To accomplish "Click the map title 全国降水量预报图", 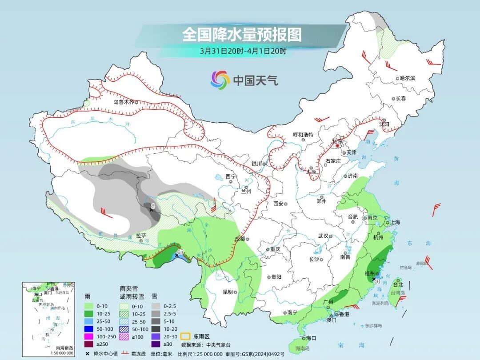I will [242, 35].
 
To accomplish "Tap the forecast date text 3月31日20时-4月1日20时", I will [243, 51].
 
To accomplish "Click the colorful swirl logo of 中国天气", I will [220, 80].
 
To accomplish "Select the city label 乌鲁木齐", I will [123, 102].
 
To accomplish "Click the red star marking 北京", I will [337, 145].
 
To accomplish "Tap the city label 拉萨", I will [141, 236].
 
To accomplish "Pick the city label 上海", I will [395, 222].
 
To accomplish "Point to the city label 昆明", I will [228, 292].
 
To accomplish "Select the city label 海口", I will [311, 338].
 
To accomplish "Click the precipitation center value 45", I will [180, 252].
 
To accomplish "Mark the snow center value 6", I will [153, 206].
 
